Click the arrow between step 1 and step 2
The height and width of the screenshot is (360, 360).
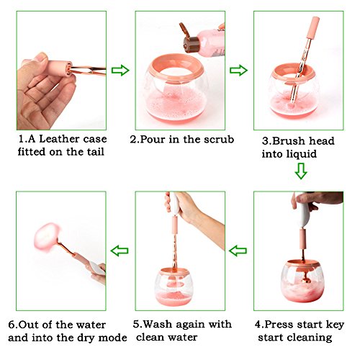tap(120, 71)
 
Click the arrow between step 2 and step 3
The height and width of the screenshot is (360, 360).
tap(238, 71)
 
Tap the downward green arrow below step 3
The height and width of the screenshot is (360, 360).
tap(301, 171)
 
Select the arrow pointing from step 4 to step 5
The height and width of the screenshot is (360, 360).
tap(238, 251)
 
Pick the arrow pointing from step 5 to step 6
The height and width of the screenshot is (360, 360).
tap(120, 251)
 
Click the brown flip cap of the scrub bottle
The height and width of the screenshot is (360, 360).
tap(189, 38)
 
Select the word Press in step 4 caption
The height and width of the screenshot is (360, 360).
tap(278, 325)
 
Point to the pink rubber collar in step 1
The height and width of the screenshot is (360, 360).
tap(60, 68)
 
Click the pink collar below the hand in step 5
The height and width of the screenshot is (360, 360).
tap(175, 225)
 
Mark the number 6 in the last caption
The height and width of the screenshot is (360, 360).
tap(12, 325)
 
